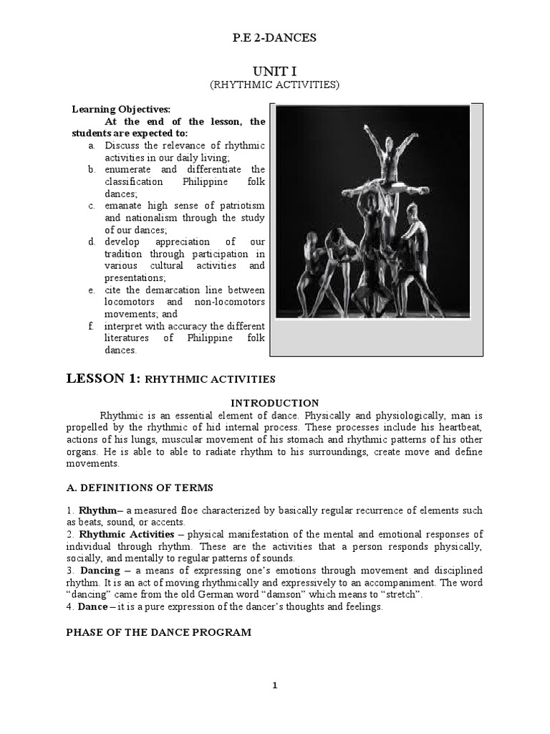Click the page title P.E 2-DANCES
point(274,38)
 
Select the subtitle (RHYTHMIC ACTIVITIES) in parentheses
point(274,85)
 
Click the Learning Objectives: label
point(121,110)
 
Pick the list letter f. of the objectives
point(91,326)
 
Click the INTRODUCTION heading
point(275,403)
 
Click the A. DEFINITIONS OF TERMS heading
point(140,487)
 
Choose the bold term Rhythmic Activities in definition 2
point(126,534)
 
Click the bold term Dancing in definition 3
point(100,571)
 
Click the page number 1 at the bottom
point(274,685)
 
